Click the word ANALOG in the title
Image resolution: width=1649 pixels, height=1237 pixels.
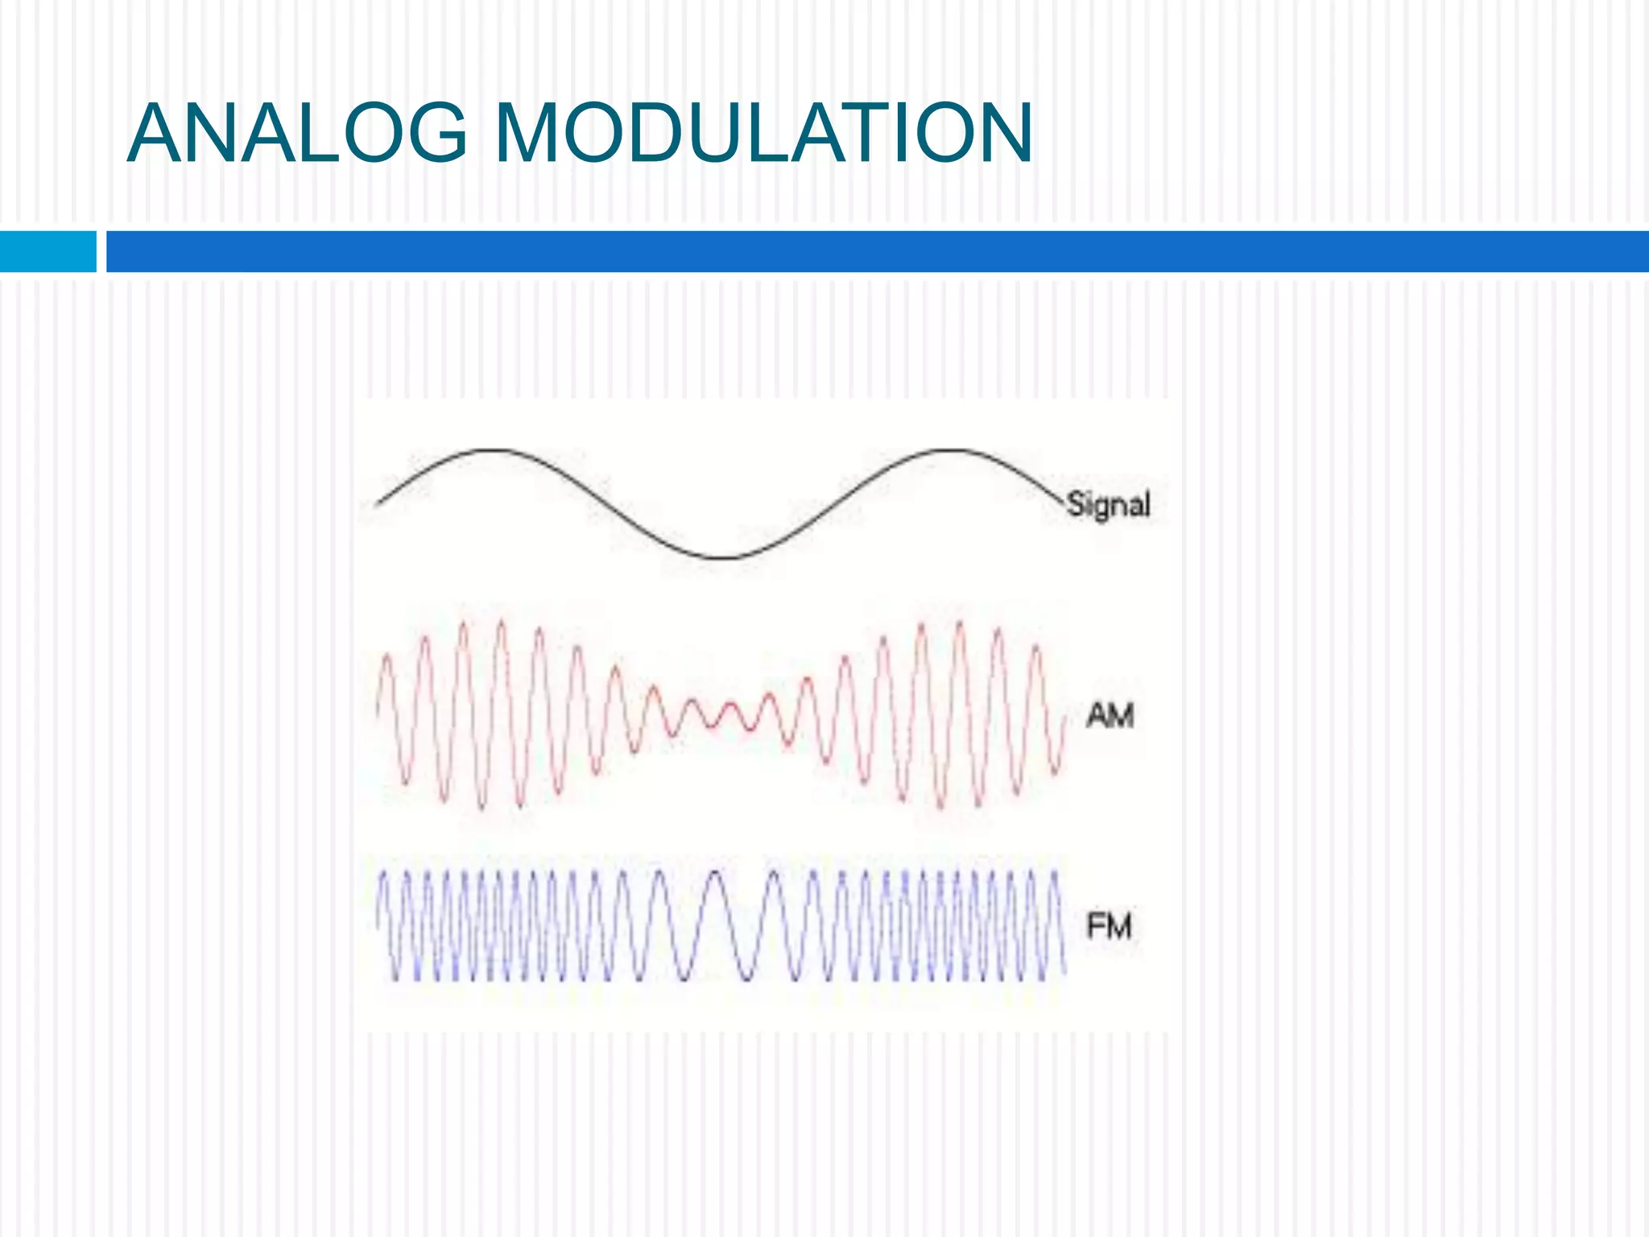[x=296, y=134]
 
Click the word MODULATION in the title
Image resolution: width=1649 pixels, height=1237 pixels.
[x=763, y=134]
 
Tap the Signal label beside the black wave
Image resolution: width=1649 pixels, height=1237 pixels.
[x=1108, y=505]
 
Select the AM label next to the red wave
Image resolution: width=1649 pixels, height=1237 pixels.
[x=1110, y=715]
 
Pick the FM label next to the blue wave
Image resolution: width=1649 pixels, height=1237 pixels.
[x=1109, y=926]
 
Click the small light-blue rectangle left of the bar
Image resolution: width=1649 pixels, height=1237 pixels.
[x=48, y=251]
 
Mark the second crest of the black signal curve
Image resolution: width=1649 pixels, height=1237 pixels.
[x=950, y=450]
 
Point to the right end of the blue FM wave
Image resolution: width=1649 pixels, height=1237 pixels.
[x=1064, y=966]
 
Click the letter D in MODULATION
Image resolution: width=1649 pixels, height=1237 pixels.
[x=661, y=134]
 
